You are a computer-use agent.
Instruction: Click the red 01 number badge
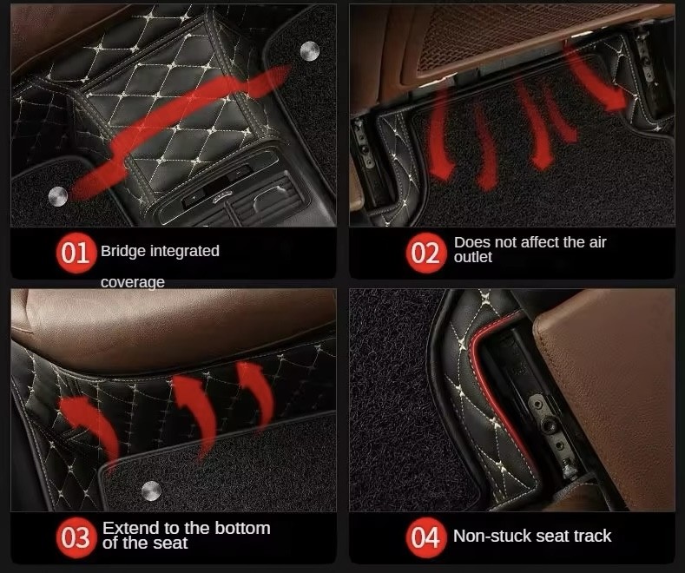(x=76, y=253)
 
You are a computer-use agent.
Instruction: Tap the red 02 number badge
(x=426, y=253)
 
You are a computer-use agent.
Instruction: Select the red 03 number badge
(x=76, y=537)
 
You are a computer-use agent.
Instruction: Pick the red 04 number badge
(x=426, y=537)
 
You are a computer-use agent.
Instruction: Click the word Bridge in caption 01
(x=123, y=252)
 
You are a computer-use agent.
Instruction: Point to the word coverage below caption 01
(x=132, y=282)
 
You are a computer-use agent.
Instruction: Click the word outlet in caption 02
(x=472, y=257)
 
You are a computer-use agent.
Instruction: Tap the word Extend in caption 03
(x=131, y=529)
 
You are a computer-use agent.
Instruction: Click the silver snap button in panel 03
(x=151, y=491)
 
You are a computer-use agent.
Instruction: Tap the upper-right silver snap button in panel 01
(x=310, y=51)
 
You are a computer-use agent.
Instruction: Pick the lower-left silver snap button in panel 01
(x=57, y=196)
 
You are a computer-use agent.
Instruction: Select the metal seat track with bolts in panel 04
(x=551, y=432)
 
